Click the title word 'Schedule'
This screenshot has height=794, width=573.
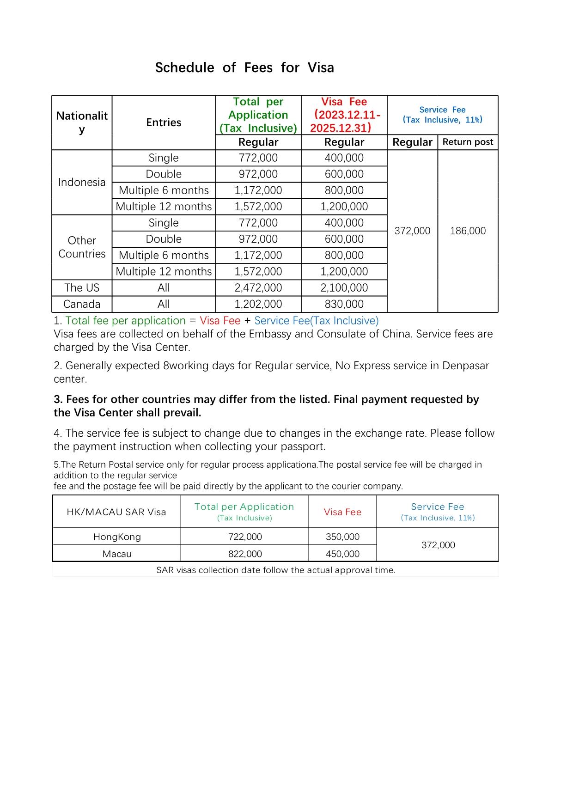point(184,68)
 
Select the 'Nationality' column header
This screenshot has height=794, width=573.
point(82,122)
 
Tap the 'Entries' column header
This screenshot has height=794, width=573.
point(164,122)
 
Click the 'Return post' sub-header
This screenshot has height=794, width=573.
point(468,142)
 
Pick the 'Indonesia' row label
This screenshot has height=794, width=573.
point(82,182)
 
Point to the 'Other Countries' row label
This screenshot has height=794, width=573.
point(82,247)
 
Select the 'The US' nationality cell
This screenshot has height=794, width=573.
point(82,287)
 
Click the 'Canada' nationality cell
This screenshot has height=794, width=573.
point(82,304)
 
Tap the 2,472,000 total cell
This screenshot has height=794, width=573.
point(258,287)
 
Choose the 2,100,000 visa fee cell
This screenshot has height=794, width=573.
point(344,287)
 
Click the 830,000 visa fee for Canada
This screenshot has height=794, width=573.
point(344,304)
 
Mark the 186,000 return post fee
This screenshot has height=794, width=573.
point(468,231)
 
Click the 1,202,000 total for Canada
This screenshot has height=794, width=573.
point(258,304)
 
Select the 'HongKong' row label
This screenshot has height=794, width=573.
point(117,537)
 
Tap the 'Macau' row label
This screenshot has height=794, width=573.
point(117,554)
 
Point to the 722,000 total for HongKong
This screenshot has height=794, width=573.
point(245,537)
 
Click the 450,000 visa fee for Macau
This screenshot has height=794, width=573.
point(342,554)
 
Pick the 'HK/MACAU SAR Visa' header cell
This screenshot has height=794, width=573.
point(116,512)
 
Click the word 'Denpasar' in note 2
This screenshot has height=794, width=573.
point(465,366)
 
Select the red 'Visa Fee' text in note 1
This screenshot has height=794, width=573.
point(220,321)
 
